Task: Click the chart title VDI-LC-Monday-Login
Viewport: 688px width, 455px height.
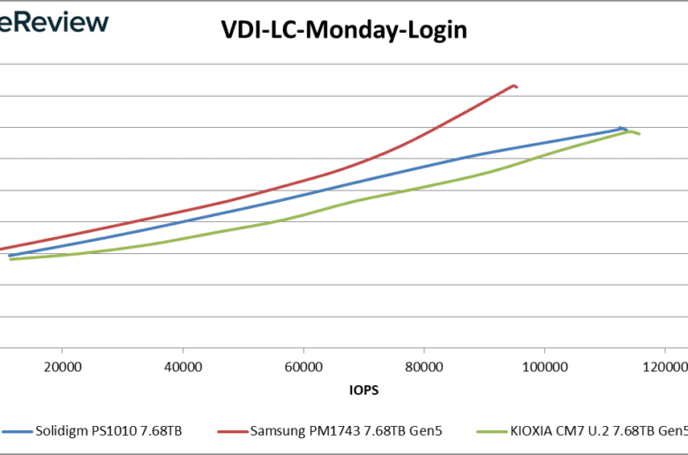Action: pyautogui.click(x=343, y=31)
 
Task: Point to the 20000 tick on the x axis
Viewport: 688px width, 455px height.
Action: pyautogui.click(x=62, y=366)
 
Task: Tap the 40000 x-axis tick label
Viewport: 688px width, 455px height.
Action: pyautogui.click(x=183, y=366)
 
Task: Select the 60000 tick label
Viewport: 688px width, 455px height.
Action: pyautogui.click(x=303, y=366)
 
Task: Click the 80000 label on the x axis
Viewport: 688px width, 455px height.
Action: pyautogui.click(x=424, y=366)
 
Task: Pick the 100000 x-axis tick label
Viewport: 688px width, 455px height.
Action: pyautogui.click(x=544, y=366)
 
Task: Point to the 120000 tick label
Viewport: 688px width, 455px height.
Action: pyautogui.click(x=665, y=366)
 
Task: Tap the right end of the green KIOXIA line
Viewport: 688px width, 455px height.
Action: pyautogui.click(x=639, y=134)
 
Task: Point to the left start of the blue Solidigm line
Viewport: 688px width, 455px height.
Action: pyautogui.click(x=10, y=256)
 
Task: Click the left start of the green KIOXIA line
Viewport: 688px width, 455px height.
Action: pyautogui.click(x=10, y=259)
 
